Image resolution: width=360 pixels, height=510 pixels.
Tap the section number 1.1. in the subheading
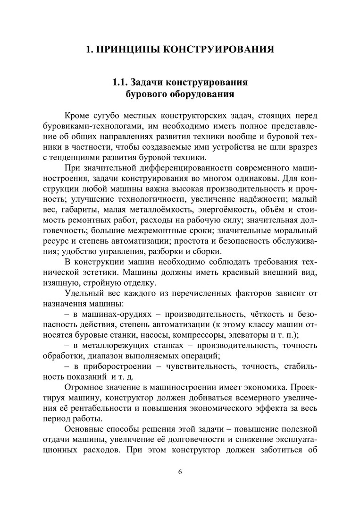click(x=120, y=82)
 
